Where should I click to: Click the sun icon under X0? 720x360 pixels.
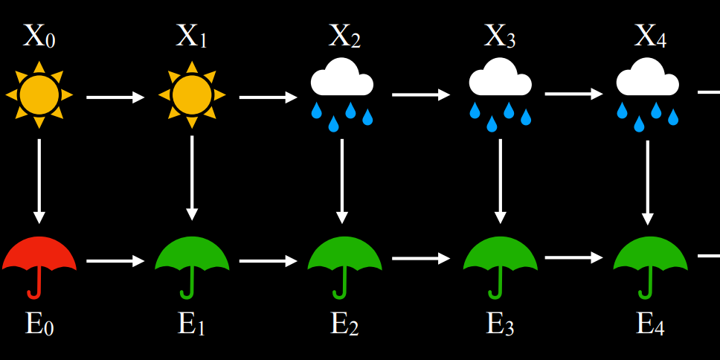click(39, 95)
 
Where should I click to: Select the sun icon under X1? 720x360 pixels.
click(192, 95)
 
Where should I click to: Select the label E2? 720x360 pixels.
click(344, 324)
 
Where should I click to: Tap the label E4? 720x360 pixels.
click(650, 324)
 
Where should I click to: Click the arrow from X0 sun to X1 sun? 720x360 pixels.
click(115, 97)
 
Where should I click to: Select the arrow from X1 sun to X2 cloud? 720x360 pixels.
click(268, 97)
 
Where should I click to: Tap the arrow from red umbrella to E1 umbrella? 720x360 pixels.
click(115, 261)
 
